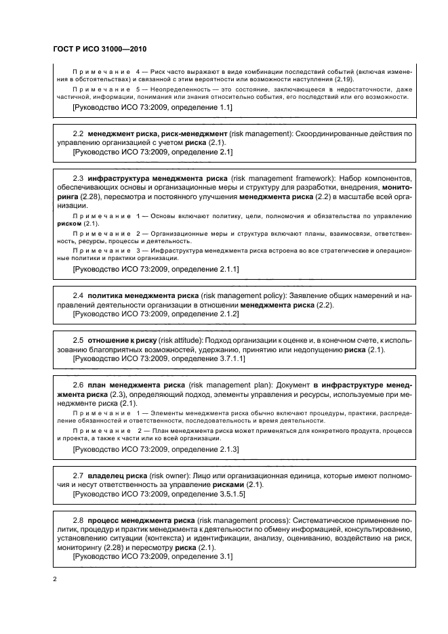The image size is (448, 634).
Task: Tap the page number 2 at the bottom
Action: coord(56,578)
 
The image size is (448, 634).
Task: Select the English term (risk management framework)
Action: coord(291,177)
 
